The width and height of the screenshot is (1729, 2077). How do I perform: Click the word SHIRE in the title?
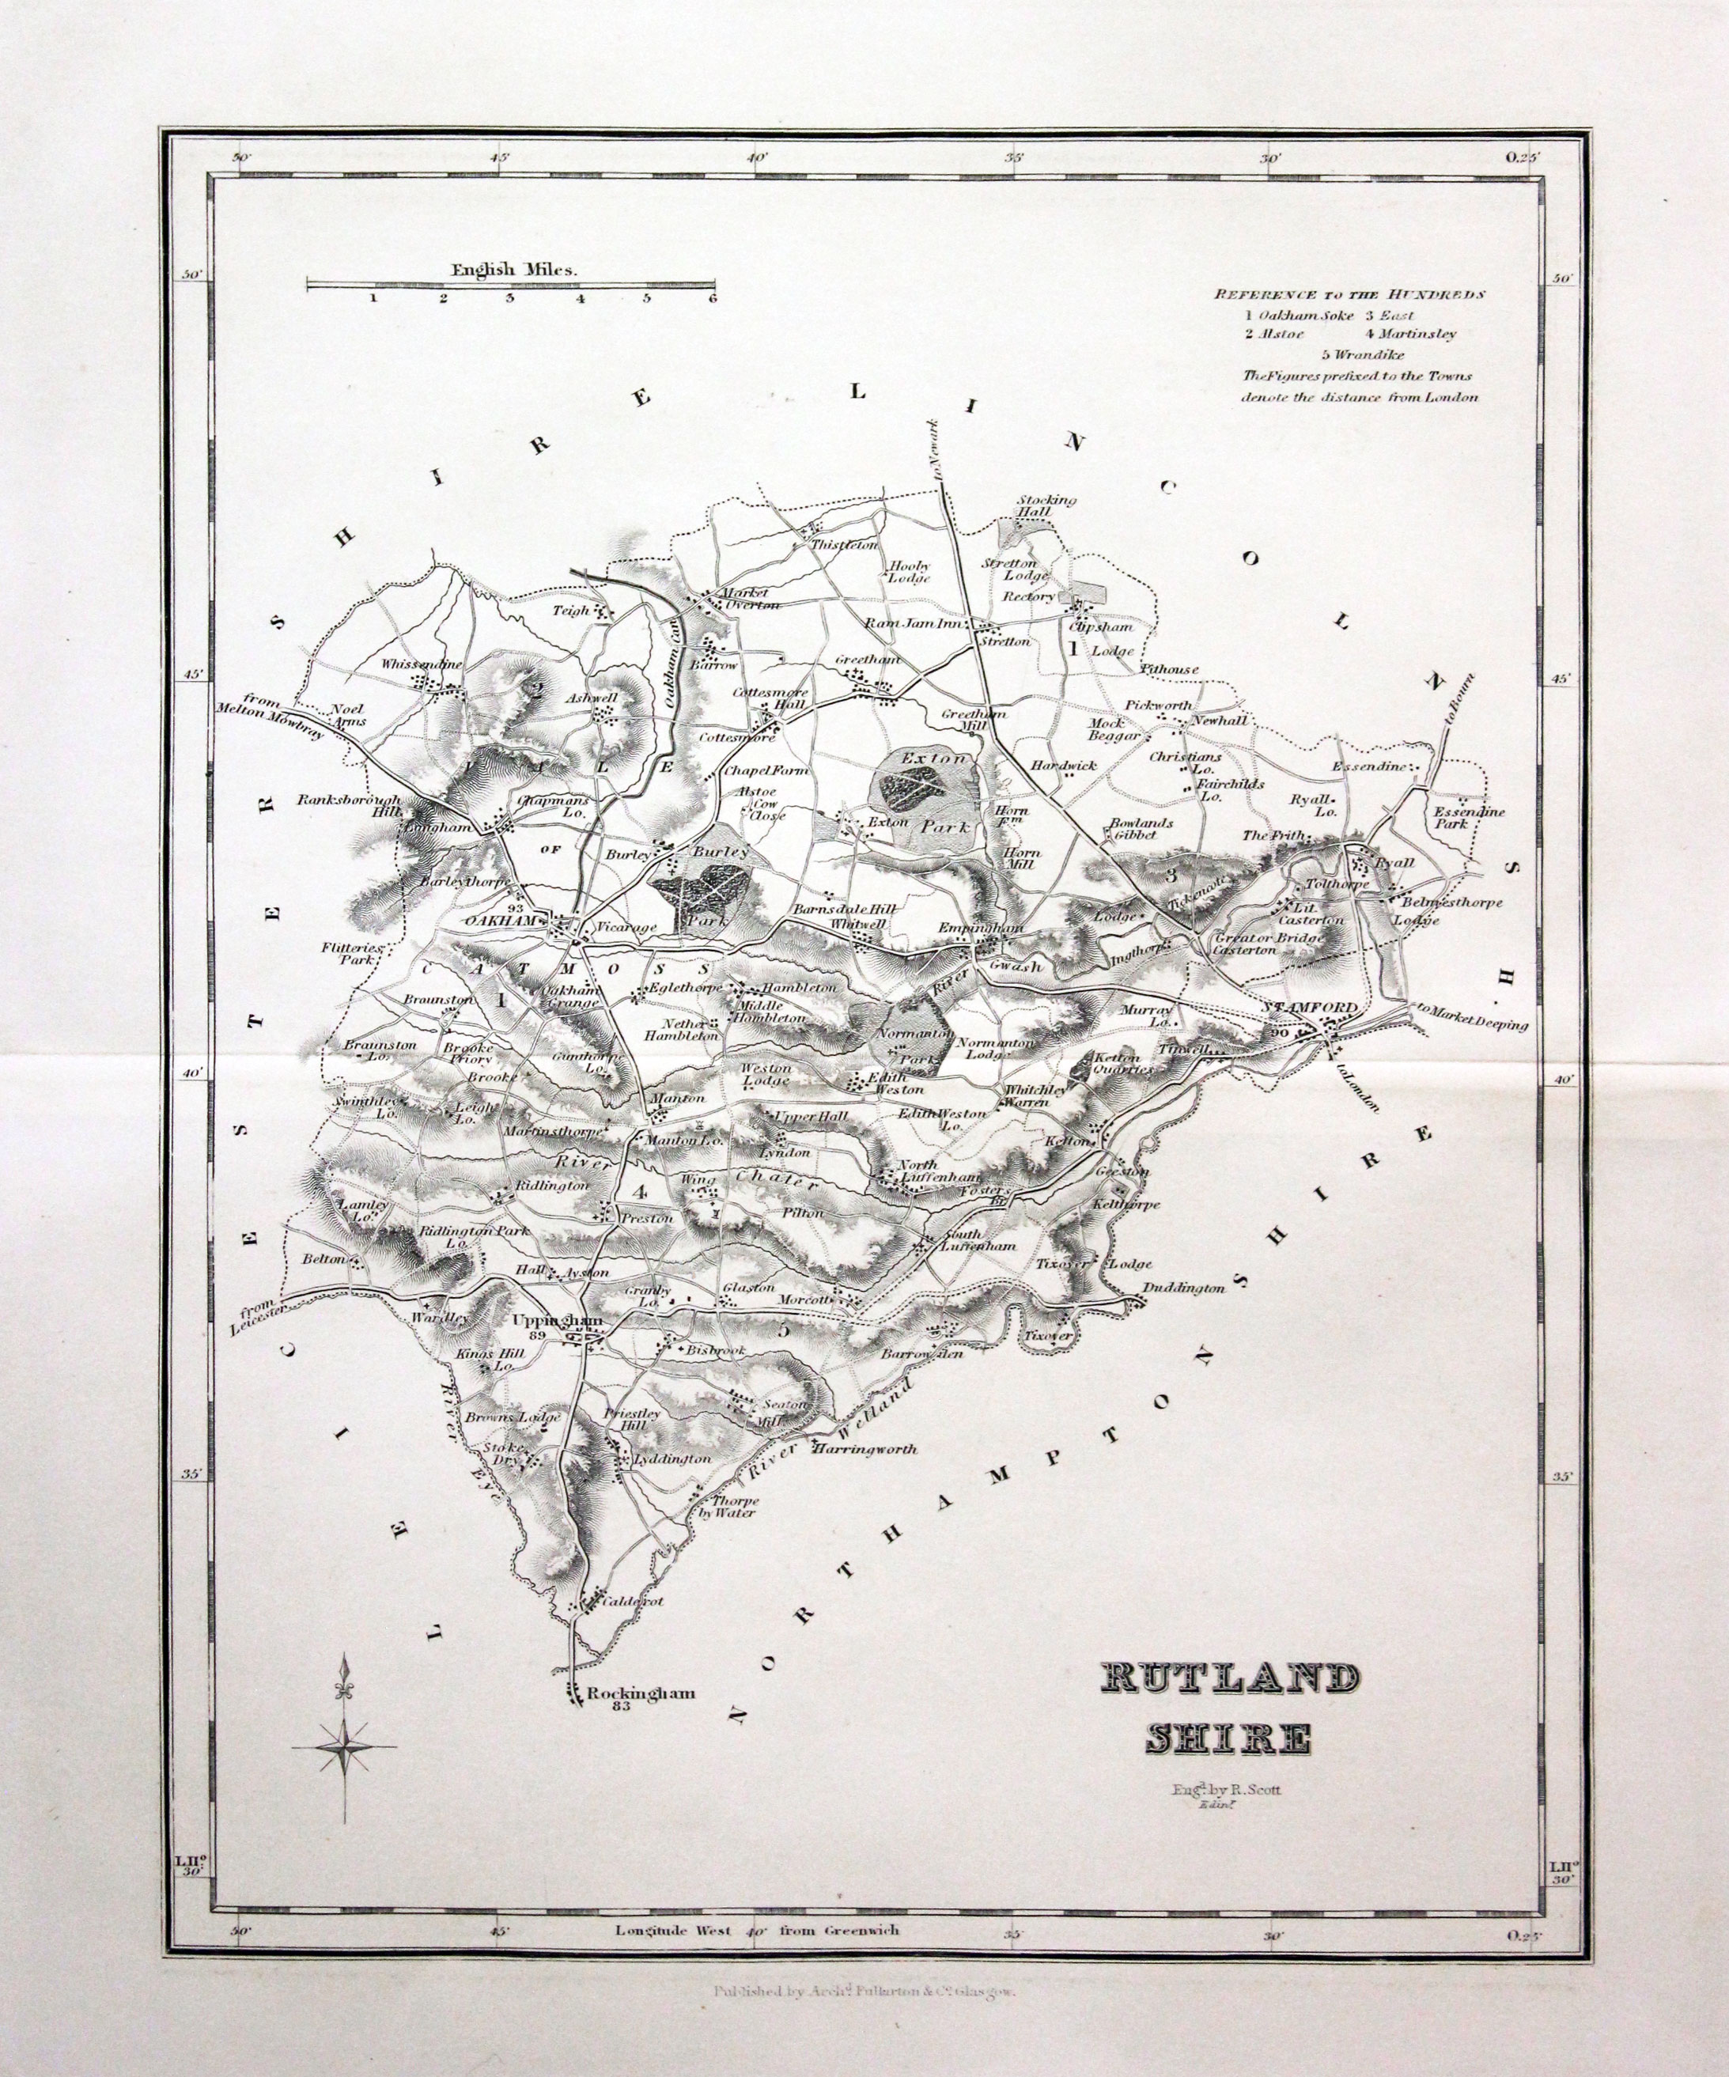1228,1738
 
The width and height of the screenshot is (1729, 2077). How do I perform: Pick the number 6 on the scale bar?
711,299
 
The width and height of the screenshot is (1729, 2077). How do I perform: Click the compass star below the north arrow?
344,1749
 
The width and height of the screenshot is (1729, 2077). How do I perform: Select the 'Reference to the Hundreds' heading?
1350,293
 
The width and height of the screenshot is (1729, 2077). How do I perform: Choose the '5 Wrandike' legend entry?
1361,354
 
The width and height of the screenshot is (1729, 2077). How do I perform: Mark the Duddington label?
1183,1288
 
